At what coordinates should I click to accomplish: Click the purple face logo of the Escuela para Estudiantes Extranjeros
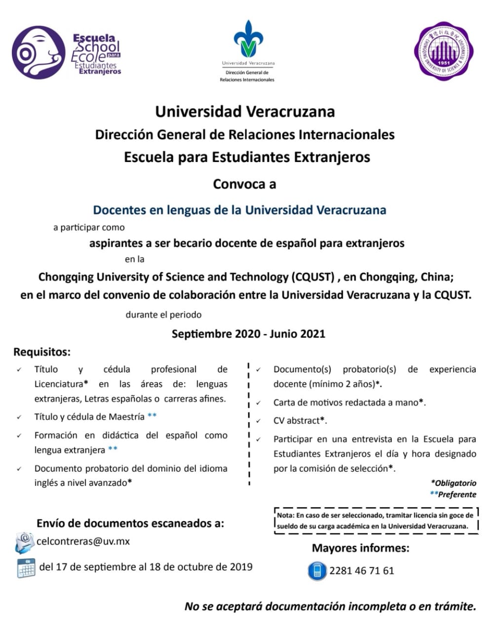(x=39, y=52)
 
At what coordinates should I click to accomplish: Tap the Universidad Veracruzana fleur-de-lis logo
(x=248, y=40)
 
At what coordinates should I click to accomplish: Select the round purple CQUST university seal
(x=444, y=51)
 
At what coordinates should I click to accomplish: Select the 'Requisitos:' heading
(x=42, y=352)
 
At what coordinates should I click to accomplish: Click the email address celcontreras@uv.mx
(x=83, y=541)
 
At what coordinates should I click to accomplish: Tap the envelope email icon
(x=25, y=543)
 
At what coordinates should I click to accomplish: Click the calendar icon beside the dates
(x=26, y=568)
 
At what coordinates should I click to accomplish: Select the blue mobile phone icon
(x=317, y=571)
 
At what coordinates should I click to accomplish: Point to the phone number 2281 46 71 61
(x=362, y=571)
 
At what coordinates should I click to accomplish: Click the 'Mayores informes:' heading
(x=360, y=548)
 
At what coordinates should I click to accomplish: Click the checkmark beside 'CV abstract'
(x=258, y=421)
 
